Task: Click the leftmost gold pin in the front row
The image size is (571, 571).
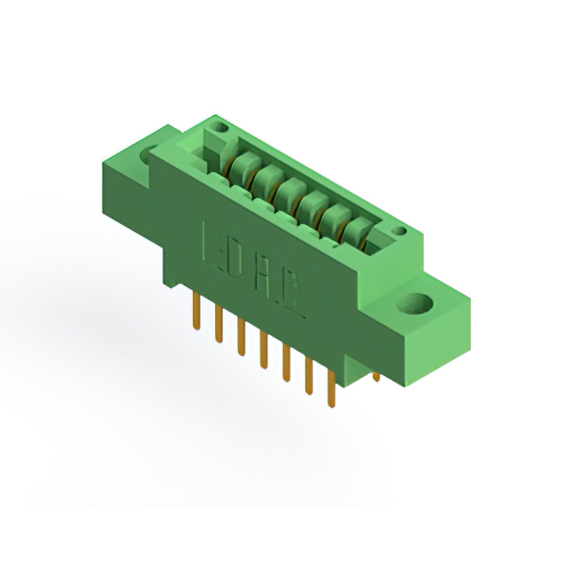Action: [x=196, y=311]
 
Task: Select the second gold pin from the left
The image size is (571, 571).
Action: [x=219, y=324]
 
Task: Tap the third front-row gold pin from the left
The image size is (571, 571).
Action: [x=241, y=336]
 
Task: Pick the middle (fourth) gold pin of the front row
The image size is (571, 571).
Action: [x=264, y=349]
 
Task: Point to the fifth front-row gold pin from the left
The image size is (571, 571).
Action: [x=286, y=362]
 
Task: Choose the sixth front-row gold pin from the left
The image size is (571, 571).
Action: [x=309, y=376]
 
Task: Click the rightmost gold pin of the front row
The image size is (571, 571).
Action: [x=331, y=388]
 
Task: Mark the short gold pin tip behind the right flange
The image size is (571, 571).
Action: [x=377, y=377]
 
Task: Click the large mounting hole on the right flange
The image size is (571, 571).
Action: [x=415, y=303]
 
